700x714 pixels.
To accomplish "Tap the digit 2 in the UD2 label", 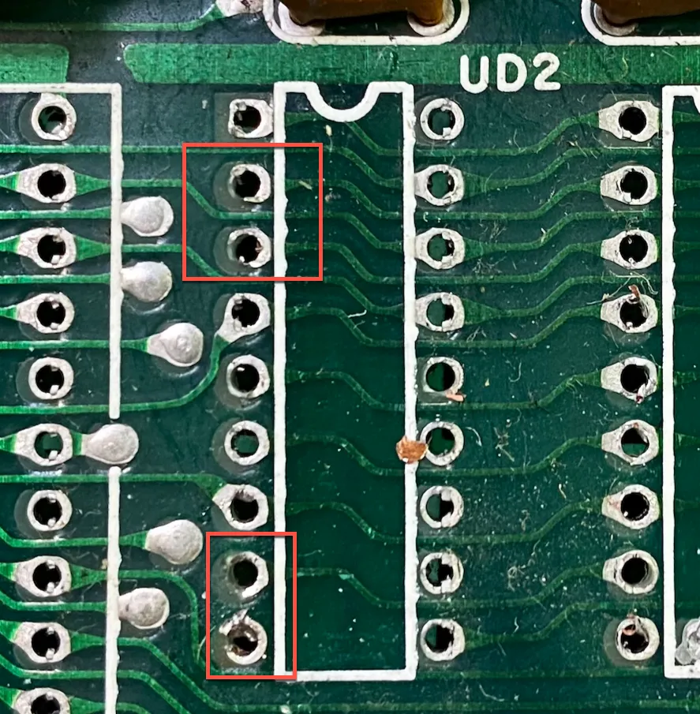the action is click(x=545, y=72).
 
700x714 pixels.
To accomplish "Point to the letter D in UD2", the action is click(x=510, y=73).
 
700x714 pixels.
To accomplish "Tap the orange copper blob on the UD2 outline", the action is click(x=411, y=450).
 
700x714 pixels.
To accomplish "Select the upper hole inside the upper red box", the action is click(x=249, y=183).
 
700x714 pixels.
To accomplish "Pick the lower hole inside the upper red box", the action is click(x=249, y=248).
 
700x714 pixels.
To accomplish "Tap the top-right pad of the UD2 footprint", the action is click(x=441, y=120).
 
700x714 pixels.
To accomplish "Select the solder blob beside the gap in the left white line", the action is click(x=111, y=444).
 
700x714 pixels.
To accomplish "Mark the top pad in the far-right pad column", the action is click(x=631, y=120).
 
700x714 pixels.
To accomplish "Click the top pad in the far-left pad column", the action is click(x=54, y=118).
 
